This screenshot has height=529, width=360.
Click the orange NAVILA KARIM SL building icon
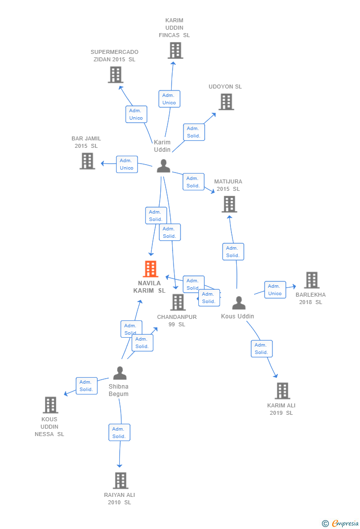(150, 269)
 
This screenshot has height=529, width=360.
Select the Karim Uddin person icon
(163, 166)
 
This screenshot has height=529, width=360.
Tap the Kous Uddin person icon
(238, 303)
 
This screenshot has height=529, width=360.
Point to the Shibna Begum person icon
(120, 373)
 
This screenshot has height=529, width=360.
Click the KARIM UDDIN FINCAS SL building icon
(175, 50)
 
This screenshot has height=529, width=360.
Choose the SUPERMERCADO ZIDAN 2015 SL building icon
(115, 75)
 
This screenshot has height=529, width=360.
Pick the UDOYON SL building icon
(226, 102)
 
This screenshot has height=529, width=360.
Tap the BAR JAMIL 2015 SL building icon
(87, 161)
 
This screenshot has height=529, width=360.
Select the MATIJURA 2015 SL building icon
(229, 204)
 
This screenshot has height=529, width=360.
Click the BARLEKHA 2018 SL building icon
(312, 280)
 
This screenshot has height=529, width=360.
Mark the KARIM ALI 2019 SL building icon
(282, 391)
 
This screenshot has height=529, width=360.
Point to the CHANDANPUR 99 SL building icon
(178, 302)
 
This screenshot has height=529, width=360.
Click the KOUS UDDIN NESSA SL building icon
(50, 405)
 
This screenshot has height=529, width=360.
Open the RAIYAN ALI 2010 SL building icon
(120, 481)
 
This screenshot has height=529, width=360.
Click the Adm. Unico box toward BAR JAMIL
(127, 164)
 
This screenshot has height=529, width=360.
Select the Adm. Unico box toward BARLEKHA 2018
(275, 290)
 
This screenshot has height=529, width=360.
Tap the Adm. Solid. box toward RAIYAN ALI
(119, 433)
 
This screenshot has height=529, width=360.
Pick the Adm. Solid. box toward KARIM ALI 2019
(262, 349)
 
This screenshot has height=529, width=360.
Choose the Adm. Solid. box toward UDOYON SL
(193, 132)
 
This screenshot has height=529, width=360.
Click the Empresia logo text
(345, 523)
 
